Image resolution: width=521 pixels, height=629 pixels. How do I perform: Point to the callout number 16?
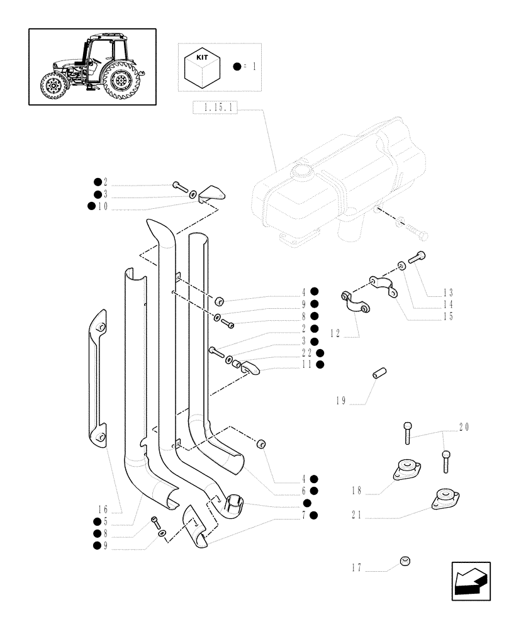(103, 509)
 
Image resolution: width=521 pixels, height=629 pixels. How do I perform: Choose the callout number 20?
(464, 427)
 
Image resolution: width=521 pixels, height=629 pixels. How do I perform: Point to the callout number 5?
(105, 521)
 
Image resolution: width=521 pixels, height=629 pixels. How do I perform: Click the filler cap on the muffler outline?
(302, 170)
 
